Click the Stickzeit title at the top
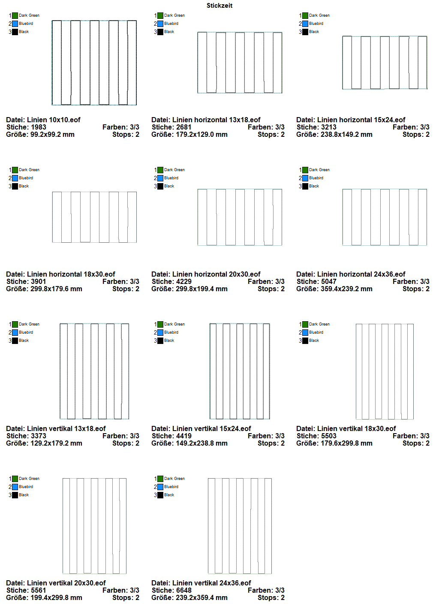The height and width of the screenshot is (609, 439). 219,6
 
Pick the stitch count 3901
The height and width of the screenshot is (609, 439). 38,282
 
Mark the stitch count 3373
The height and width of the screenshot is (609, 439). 38,436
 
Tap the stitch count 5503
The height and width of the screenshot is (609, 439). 328,436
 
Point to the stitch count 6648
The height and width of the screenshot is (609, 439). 183,591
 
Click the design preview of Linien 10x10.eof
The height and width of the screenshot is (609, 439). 94,63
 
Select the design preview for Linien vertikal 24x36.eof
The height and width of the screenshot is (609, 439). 240,526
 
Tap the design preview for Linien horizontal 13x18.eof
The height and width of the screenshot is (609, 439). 240,63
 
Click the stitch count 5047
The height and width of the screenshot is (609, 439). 328,282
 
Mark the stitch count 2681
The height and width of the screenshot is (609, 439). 183,127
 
